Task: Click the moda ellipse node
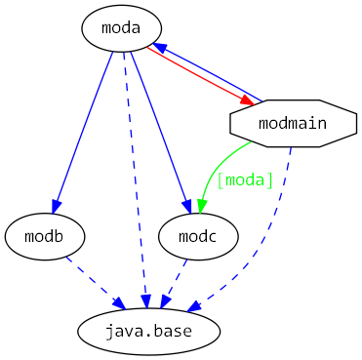[x=121, y=27]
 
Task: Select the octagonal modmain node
[x=293, y=123]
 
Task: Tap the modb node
[x=45, y=237]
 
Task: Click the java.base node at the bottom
[x=148, y=332]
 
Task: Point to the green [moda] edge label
[x=245, y=180]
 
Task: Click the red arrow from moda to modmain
[x=195, y=73]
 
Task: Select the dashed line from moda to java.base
[x=136, y=176]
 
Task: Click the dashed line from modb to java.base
[x=93, y=279]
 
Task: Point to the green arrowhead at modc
[x=200, y=204]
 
